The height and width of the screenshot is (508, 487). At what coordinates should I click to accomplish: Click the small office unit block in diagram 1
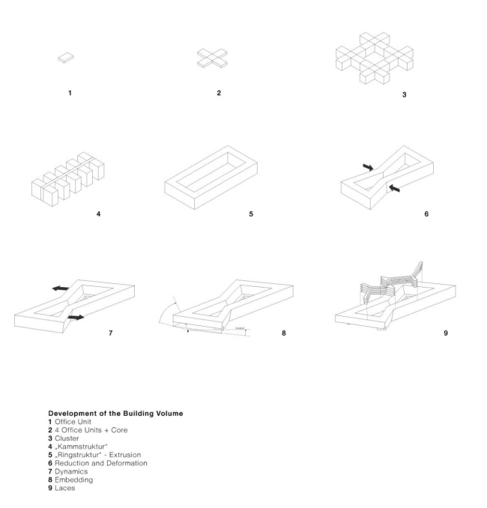67,57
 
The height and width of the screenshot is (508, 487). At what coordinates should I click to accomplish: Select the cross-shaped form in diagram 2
213,58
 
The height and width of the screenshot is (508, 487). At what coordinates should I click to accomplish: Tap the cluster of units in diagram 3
372,58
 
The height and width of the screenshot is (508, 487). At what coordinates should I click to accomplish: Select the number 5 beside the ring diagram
251,214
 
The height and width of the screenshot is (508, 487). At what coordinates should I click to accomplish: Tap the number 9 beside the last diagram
446,331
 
